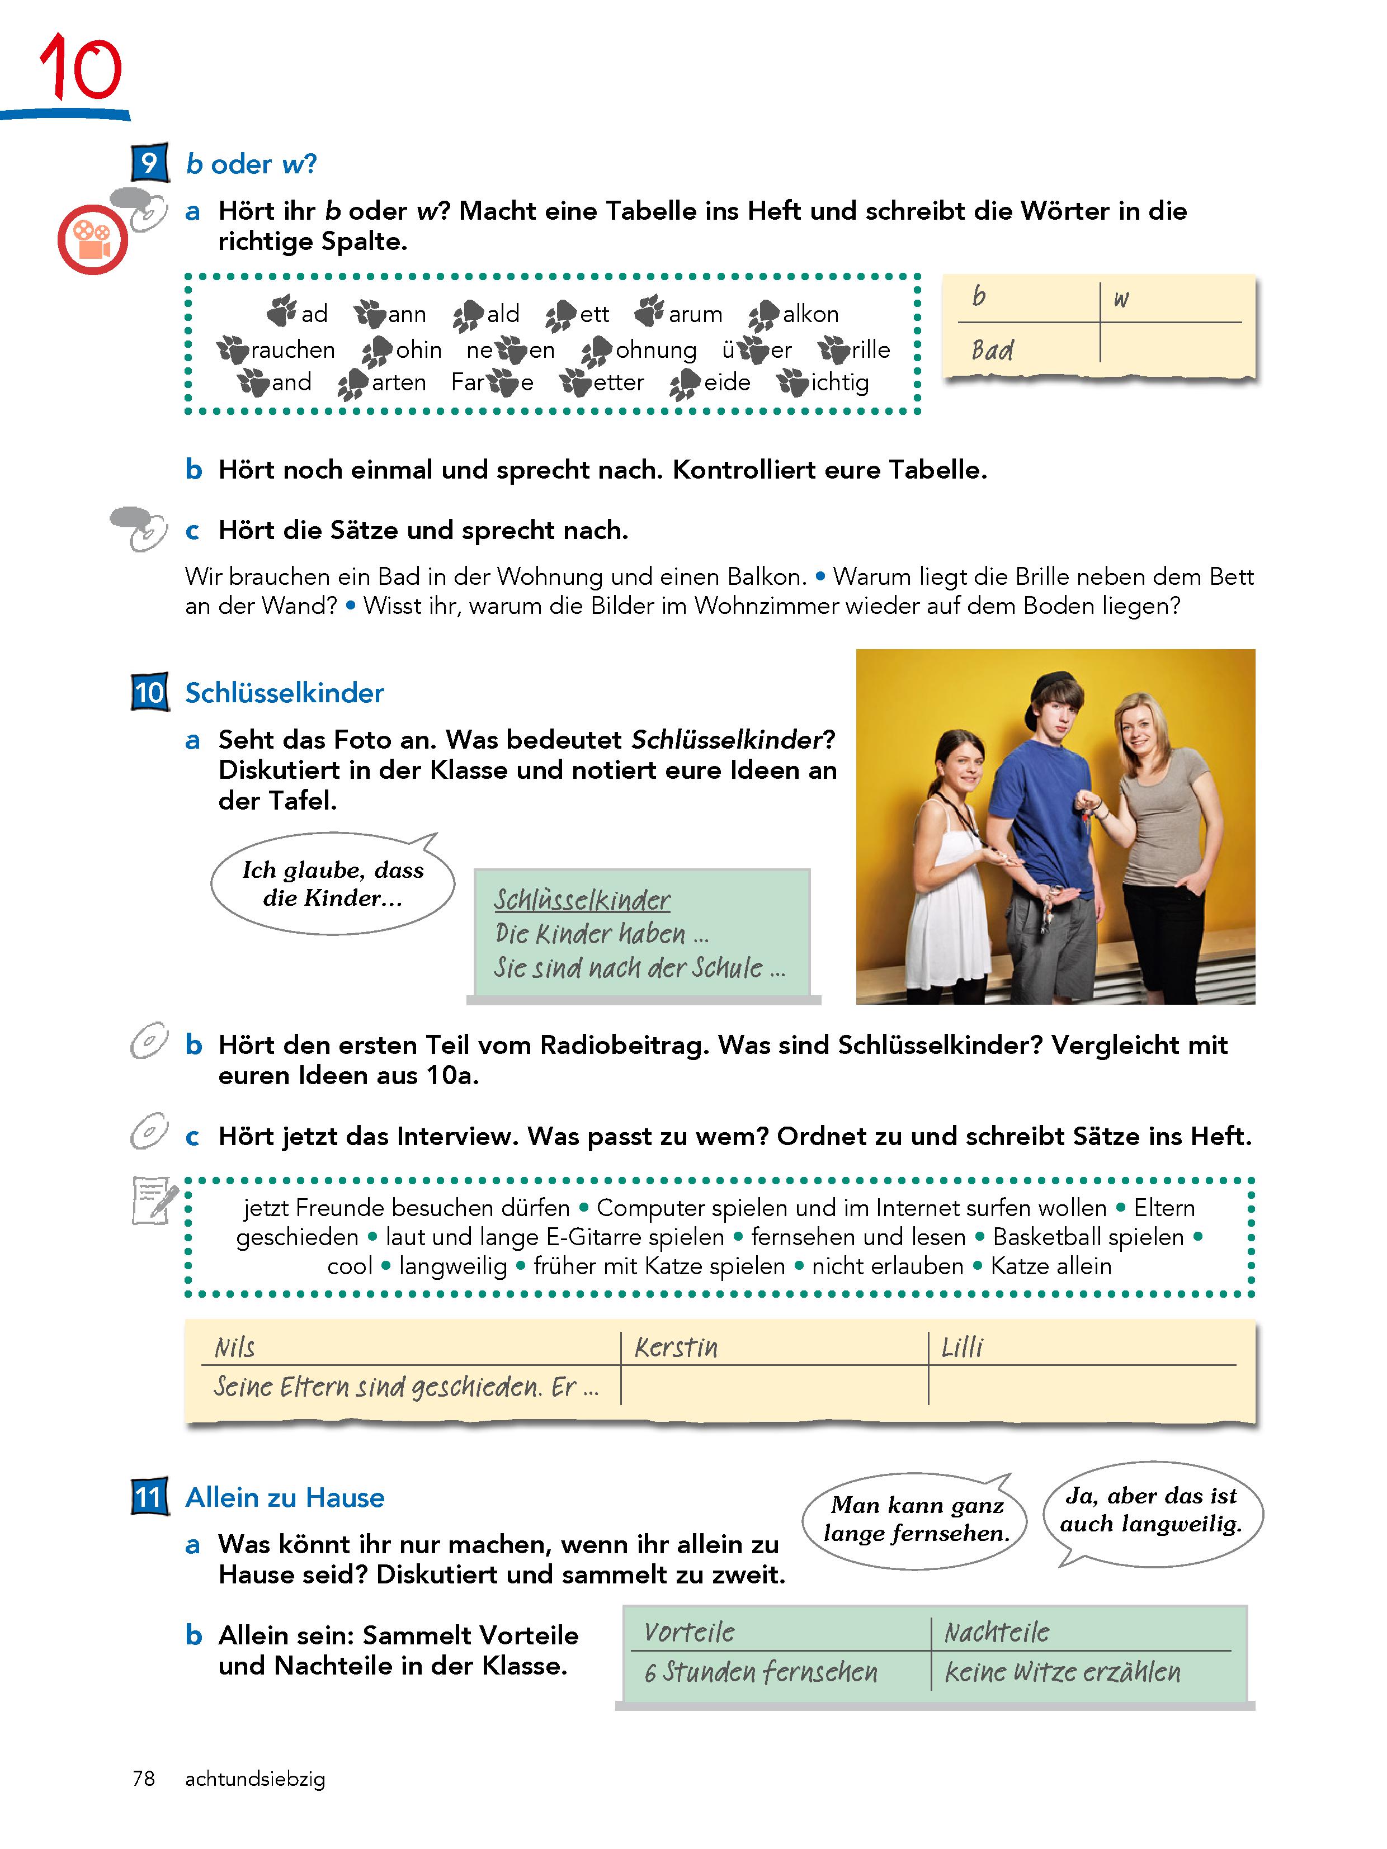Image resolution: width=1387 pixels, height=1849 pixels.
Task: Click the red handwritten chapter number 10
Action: tap(81, 67)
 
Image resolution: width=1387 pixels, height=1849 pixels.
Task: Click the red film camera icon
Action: tap(92, 240)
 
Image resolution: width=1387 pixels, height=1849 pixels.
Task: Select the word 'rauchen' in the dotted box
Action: tap(292, 349)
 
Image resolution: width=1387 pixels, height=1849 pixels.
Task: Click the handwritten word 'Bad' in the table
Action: tap(992, 349)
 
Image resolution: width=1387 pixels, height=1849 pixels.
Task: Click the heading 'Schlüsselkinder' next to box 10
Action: tap(284, 693)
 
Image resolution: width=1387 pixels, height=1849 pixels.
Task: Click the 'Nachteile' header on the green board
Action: tap(997, 1632)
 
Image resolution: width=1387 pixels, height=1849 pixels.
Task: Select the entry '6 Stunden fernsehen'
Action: tap(761, 1672)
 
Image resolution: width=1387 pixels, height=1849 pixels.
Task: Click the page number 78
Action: tap(144, 1779)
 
